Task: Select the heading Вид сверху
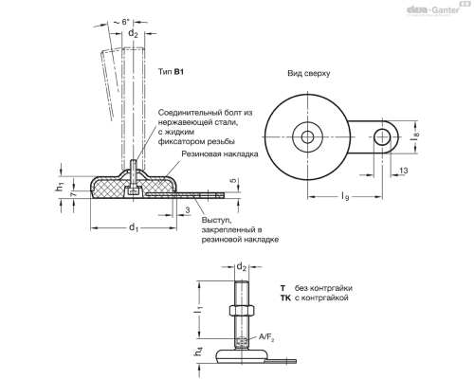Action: (x=308, y=72)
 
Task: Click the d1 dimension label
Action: (x=134, y=227)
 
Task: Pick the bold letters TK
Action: (x=284, y=298)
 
